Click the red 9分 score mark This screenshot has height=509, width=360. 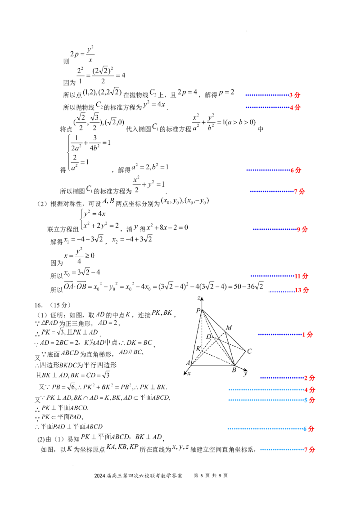302,229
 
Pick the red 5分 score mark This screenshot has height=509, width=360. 310,400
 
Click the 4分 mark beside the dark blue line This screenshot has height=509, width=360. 295,108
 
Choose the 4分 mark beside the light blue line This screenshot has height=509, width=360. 310,389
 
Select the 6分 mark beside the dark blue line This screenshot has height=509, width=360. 296,171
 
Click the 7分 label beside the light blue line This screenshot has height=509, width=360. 310,450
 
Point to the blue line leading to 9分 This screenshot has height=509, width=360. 274,229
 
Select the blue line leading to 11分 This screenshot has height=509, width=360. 271,276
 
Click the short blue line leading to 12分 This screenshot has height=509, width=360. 282,291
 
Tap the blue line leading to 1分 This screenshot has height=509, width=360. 279,335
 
